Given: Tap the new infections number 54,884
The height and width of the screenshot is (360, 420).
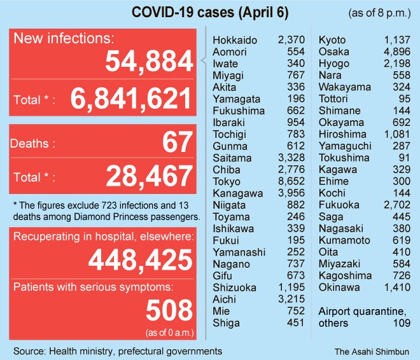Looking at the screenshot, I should coord(149,62).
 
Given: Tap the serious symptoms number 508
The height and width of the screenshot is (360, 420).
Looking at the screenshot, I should coord(169,310).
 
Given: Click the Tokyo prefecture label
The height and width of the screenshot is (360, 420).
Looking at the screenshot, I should coord(227,181).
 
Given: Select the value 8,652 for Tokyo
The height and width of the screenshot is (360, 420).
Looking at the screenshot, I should coord(291,181).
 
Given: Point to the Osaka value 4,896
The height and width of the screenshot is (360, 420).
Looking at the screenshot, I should coord(398,52).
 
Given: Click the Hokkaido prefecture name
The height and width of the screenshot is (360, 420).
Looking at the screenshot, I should coord(235,41).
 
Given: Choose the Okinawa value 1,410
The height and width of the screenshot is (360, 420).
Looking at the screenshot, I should coord(398,287).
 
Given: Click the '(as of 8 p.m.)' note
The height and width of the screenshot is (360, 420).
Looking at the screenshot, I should coord(380,13).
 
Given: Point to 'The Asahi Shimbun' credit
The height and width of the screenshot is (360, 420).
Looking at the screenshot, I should coord(372,350).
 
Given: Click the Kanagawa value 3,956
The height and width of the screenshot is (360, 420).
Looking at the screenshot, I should coord(291,193).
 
